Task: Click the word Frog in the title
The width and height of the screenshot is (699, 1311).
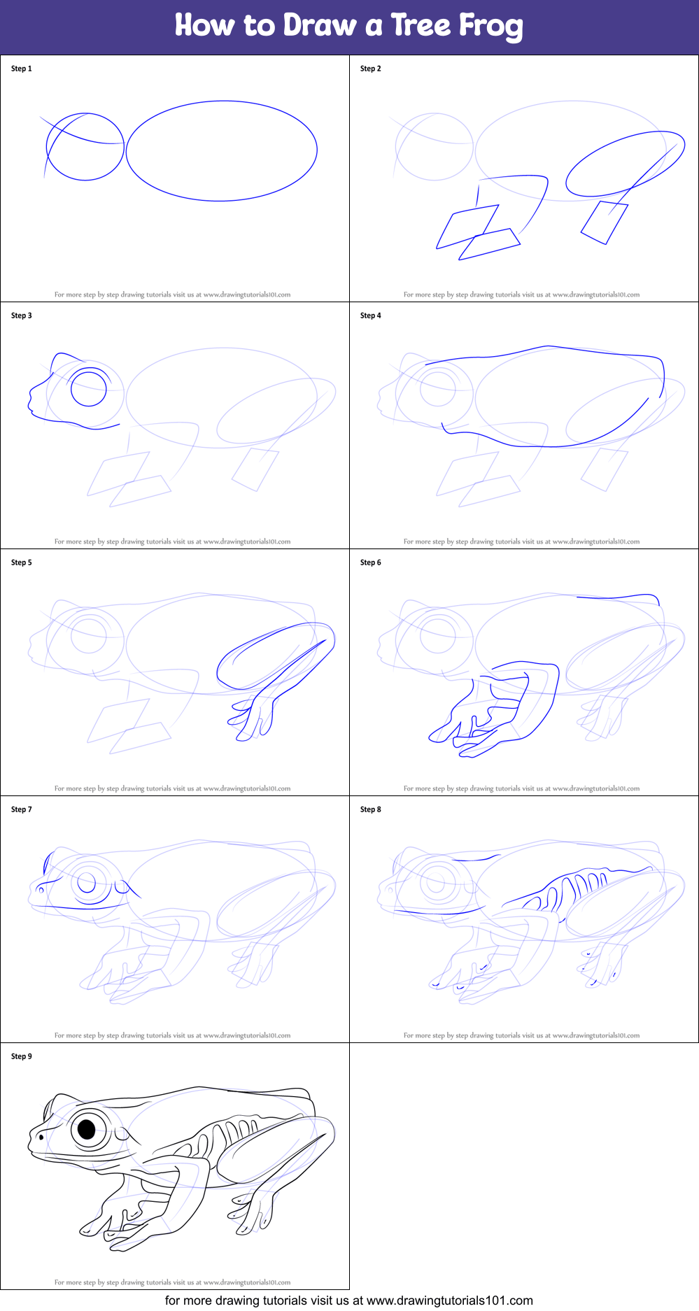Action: (x=490, y=26)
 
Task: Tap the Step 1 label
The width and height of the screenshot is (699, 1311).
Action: (x=22, y=69)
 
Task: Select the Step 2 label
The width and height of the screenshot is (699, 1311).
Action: (x=371, y=69)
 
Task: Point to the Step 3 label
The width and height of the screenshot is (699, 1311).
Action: (x=22, y=316)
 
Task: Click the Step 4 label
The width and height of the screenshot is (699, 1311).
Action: (x=371, y=316)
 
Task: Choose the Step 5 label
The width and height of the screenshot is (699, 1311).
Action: (x=22, y=562)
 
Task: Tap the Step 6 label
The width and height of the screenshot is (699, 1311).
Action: (x=371, y=562)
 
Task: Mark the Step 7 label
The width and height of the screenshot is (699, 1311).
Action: (x=22, y=809)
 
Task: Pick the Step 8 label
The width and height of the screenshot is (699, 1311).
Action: (x=371, y=809)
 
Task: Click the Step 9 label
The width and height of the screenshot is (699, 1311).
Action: (x=22, y=1056)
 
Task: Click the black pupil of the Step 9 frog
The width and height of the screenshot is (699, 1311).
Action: (x=87, y=1128)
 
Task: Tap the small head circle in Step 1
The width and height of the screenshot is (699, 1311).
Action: (x=85, y=147)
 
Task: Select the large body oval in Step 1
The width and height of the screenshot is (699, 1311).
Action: (x=221, y=150)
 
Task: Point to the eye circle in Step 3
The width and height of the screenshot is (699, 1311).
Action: (x=88, y=388)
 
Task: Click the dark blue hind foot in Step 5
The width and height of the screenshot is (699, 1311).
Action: (x=252, y=717)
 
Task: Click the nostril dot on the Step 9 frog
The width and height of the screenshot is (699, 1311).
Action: (x=41, y=1137)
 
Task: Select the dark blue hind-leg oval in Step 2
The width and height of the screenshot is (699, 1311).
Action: (x=624, y=164)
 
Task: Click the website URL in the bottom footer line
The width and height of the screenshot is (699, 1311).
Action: (x=449, y=1301)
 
